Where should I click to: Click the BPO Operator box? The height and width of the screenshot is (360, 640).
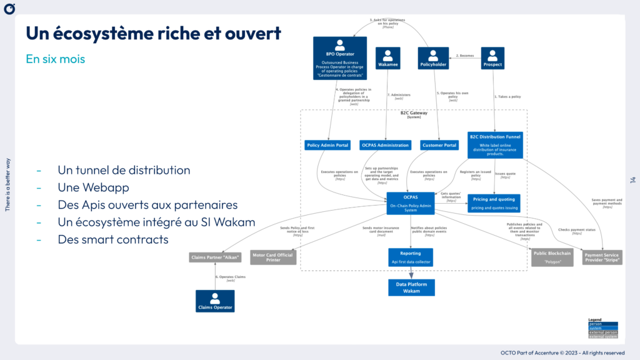pos(340,58)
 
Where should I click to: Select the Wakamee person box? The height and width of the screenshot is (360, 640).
pos(387,58)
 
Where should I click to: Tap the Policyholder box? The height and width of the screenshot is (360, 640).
pos(433,58)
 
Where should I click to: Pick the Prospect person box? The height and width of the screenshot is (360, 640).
pos(492,58)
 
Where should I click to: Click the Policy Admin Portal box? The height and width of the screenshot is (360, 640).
pos(327,145)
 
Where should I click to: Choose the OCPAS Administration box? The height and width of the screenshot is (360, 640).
pos(385,145)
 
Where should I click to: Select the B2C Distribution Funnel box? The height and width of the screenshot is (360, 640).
pos(494,144)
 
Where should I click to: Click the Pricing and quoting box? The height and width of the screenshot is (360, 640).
pos(494,203)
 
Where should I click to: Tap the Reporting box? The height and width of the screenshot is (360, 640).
pos(410,257)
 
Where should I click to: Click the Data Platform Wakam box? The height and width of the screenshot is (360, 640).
pos(411,287)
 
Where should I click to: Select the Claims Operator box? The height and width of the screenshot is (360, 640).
pos(215,301)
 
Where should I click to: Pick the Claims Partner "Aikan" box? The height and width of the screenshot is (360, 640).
pos(215,257)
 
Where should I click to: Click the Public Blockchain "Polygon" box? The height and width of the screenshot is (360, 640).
pos(552,257)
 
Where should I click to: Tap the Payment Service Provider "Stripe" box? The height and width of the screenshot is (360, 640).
pos(602,257)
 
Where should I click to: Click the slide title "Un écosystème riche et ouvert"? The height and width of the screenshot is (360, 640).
pos(153,33)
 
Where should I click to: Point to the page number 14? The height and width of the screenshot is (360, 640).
pos(632,180)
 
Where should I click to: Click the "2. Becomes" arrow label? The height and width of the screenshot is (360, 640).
pos(465,56)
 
